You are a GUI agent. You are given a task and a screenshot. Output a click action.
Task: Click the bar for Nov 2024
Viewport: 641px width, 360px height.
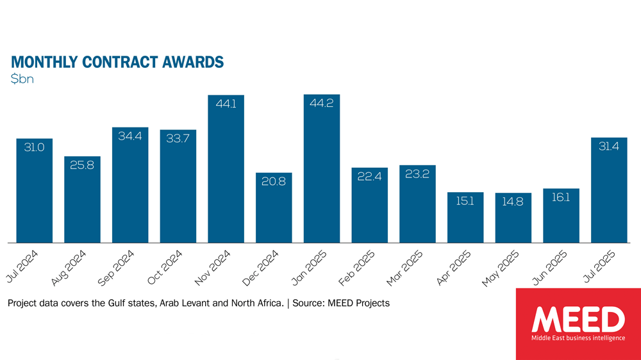click(226, 170)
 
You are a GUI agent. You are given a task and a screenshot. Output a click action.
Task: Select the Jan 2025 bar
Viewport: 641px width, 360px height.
click(322, 170)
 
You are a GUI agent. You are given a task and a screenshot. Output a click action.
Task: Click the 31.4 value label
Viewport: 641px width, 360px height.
click(609, 147)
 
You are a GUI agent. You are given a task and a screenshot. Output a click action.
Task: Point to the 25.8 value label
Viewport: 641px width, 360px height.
click(82, 165)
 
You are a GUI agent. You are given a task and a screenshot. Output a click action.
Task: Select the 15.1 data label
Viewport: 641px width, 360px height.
click(465, 201)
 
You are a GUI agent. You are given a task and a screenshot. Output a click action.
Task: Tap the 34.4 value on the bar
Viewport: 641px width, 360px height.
click(130, 136)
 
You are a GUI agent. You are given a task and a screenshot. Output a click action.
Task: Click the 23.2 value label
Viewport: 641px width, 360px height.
click(417, 174)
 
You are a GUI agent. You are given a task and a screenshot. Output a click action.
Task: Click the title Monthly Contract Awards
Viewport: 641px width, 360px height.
click(117, 62)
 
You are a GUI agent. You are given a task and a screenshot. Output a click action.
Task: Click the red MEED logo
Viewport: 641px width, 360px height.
click(578, 323)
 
